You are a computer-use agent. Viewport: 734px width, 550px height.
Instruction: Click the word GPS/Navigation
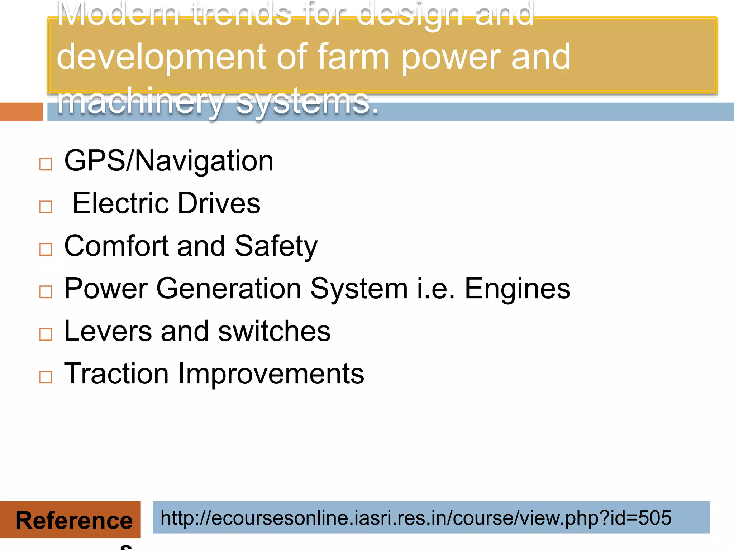click(169, 161)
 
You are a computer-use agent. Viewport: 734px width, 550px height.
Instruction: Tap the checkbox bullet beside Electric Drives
click(46, 207)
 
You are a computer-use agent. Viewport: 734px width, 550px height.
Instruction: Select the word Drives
click(219, 203)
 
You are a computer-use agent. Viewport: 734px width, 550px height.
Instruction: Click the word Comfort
click(116, 246)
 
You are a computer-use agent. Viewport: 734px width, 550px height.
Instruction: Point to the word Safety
click(276, 246)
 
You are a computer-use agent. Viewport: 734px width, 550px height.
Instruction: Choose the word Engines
click(517, 289)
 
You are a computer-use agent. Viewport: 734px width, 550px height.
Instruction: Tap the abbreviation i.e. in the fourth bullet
click(436, 289)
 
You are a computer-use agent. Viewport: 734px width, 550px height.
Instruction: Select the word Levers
click(108, 331)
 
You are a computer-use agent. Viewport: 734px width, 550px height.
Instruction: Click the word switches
click(274, 331)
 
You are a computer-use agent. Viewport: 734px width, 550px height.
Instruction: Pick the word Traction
click(116, 374)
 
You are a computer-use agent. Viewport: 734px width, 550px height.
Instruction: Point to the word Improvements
click(271, 374)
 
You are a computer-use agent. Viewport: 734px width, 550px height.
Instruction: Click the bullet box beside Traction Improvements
click(46, 377)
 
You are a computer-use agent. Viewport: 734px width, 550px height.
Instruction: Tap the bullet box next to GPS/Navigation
click(46, 164)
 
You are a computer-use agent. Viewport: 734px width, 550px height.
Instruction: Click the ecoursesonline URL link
click(416, 518)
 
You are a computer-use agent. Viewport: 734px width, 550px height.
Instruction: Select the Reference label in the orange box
click(74, 520)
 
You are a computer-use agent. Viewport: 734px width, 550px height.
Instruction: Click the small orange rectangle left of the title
click(21, 112)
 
